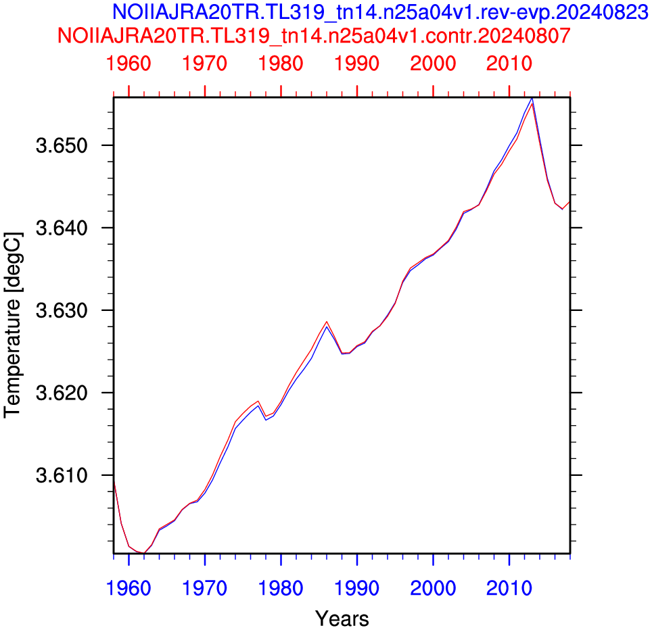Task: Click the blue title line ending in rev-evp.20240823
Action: coord(380,12)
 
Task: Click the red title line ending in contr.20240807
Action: coord(314,36)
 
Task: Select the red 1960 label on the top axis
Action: coord(129,64)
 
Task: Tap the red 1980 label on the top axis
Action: coord(281,64)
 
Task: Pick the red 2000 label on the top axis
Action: coord(433,64)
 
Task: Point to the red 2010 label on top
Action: coord(509,64)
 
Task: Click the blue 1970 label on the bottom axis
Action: coord(204,589)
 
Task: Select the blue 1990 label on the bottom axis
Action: coord(356,589)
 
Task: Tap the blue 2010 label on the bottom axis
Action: coord(509,589)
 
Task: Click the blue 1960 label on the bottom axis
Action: coord(129,589)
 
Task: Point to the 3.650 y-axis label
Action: coord(62,146)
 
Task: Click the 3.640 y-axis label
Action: coord(62,228)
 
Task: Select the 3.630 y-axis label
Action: coord(62,310)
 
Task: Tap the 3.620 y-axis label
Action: coord(62,393)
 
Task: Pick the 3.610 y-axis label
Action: coord(62,475)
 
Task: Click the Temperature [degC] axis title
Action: coord(12,325)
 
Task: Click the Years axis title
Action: coord(342,619)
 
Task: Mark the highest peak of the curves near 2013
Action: coord(532,99)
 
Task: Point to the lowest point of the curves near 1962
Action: coord(144,553)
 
